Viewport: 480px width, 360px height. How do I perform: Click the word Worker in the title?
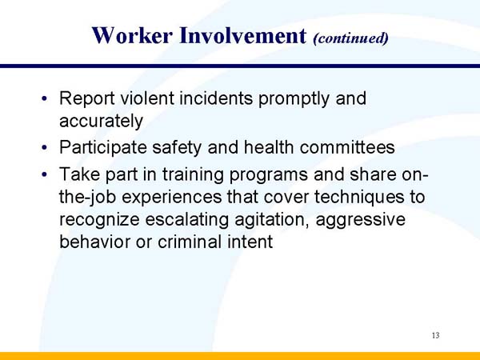pyautogui.click(x=128, y=35)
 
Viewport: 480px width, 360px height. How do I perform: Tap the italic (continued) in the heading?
pyautogui.click(x=350, y=38)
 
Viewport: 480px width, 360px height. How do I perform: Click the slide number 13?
pyautogui.click(x=434, y=335)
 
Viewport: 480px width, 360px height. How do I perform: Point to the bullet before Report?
pyautogui.click(x=46, y=100)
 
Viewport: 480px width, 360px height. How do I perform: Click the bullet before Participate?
pyautogui.click(x=46, y=149)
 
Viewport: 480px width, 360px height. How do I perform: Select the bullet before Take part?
pyautogui.click(x=46, y=175)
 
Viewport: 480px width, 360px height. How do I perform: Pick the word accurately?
pyautogui.click(x=101, y=122)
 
